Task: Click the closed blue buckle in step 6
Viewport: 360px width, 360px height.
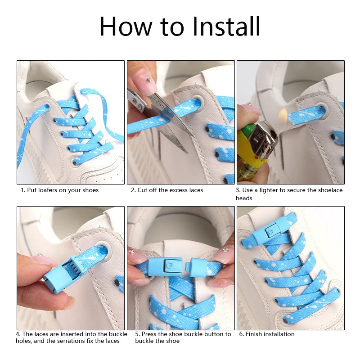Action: pos(269,229)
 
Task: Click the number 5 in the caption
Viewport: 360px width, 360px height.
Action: pos(137,334)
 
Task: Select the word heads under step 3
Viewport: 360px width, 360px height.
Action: pos(244,198)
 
